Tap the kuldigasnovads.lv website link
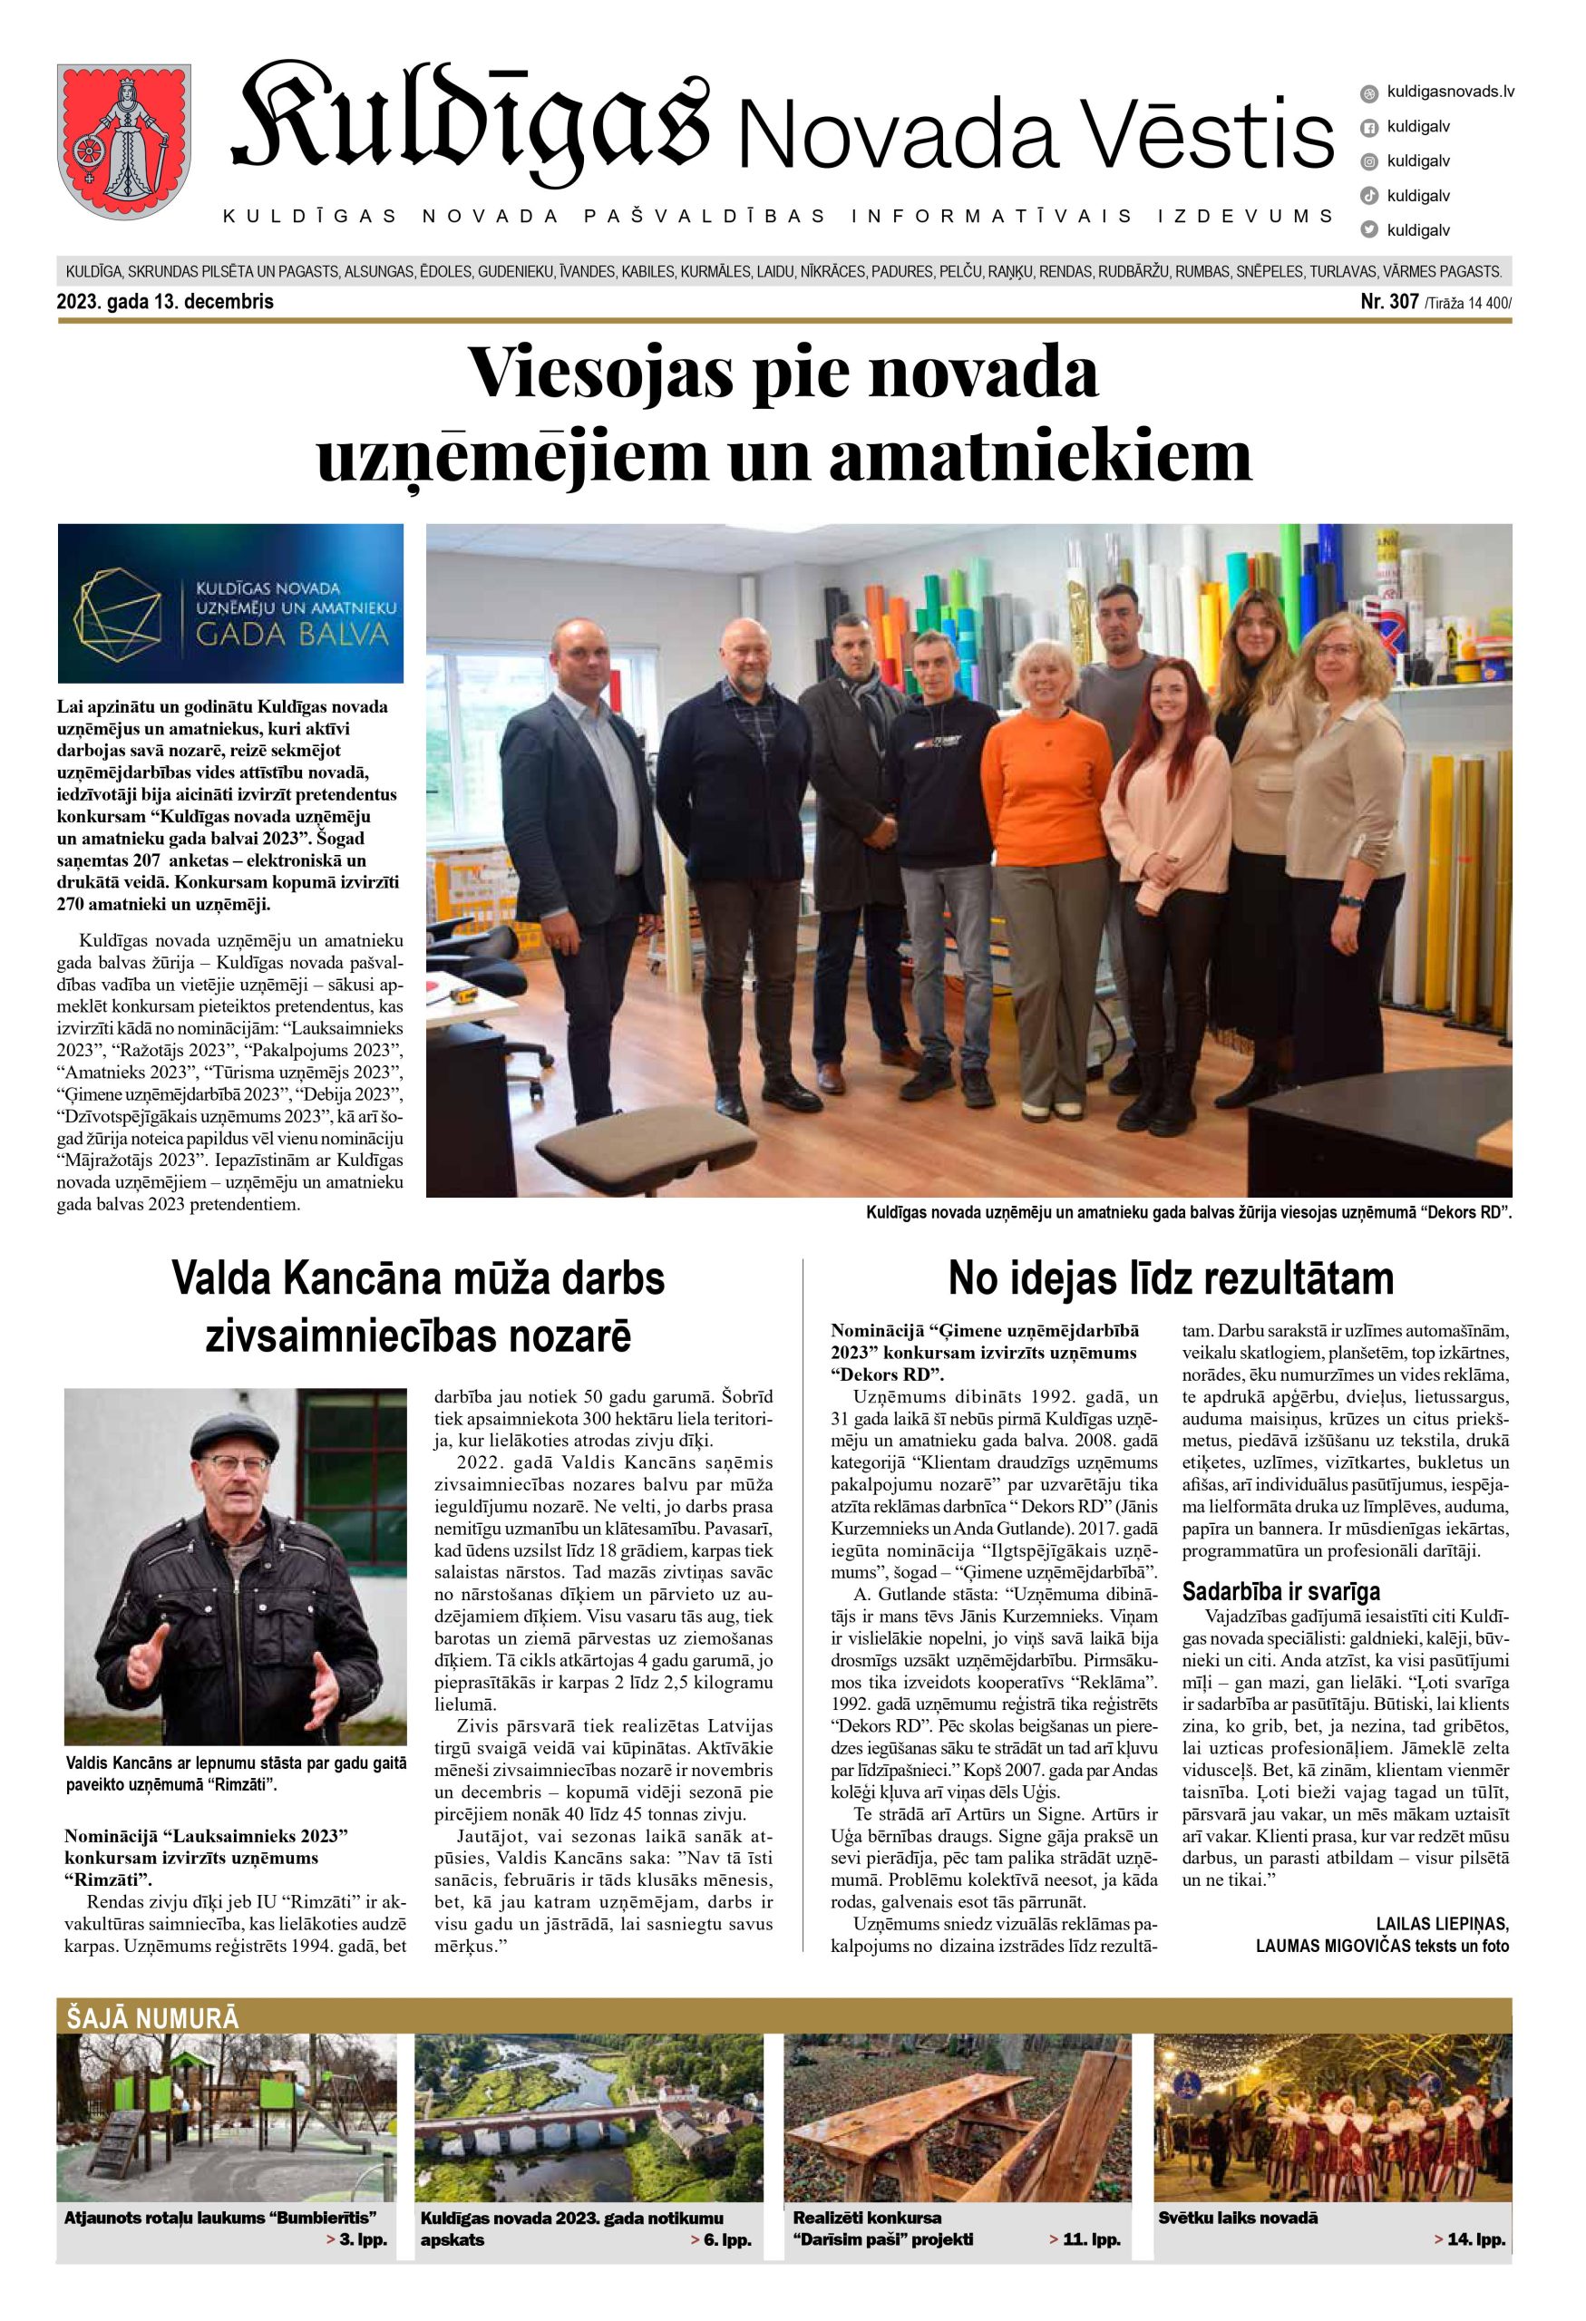1450,91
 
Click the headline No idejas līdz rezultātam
1170,1279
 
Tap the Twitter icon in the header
1369,229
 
